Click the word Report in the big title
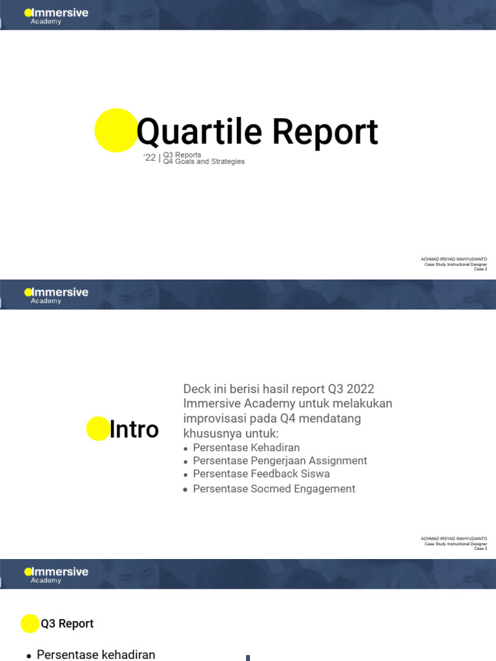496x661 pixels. [x=324, y=132]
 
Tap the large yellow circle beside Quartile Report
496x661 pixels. [x=116, y=130]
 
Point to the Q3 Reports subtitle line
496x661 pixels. [x=182, y=155]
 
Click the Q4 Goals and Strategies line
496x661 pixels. [x=203, y=161]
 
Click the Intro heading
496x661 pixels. [x=134, y=429]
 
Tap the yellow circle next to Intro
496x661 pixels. [x=98, y=429]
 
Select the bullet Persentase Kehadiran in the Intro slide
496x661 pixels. [x=246, y=447]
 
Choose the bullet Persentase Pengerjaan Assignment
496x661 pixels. [x=280, y=460]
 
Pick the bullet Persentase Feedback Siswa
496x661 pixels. [x=261, y=473]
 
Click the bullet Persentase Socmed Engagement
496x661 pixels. [x=274, y=489]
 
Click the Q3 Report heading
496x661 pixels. [x=67, y=624]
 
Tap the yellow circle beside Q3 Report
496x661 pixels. [x=30, y=624]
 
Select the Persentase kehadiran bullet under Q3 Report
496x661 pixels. [x=96, y=655]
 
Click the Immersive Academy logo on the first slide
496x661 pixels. [x=56, y=15]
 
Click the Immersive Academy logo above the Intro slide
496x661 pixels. [x=56, y=295]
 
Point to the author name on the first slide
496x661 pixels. [x=453, y=259]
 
